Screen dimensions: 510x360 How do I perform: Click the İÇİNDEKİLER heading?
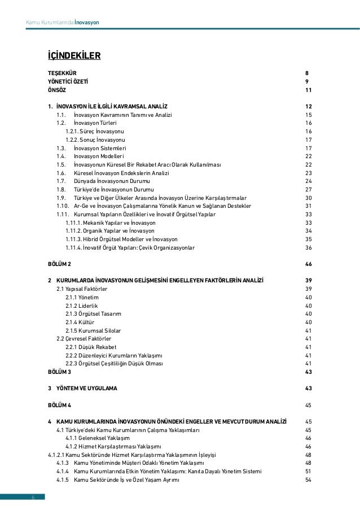coord(73,55)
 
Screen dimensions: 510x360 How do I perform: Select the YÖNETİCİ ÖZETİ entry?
coord(68,82)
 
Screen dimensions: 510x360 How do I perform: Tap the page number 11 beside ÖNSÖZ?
coord(308,90)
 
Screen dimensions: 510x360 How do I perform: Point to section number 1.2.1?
coord(72,131)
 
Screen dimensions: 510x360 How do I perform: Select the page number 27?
coord(308,189)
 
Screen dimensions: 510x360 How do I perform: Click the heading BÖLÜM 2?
coord(59,264)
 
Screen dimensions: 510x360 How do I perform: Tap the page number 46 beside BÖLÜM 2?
coord(308,264)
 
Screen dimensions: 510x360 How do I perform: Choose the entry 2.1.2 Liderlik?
coord(81,306)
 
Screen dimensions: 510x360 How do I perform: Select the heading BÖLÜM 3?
coord(59,372)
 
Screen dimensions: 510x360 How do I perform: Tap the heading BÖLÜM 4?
coord(59,405)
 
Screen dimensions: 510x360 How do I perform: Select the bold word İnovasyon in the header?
coord(87,23)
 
